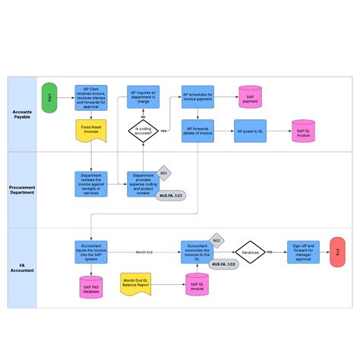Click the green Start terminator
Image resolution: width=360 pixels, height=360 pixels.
click(49, 97)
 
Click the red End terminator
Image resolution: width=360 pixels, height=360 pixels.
click(336, 251)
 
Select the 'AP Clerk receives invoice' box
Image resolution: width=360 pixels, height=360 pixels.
click(90, 97)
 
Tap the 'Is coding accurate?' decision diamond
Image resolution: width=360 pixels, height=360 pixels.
click(143, 131)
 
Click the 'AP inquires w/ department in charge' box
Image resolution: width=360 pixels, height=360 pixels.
click(143, 96)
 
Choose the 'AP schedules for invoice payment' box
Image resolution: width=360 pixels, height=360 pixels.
click(197, 96)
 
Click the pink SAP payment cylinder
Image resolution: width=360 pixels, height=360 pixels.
click(250, 96)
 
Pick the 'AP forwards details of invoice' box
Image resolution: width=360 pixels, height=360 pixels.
click(197, 131)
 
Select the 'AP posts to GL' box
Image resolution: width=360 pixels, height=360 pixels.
click(250, 131)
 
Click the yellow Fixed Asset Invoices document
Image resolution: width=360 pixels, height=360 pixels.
click(90, 131)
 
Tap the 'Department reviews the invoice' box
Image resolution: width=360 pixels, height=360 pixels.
click(90, 183)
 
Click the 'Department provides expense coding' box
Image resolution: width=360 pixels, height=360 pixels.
click(143, 183)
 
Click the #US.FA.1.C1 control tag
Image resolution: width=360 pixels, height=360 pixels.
click(172, 197)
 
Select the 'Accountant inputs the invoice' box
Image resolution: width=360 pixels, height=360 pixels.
click(90, 251)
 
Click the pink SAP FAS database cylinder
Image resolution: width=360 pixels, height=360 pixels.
click(90, 286)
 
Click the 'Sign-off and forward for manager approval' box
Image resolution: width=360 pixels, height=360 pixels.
click(303, 251)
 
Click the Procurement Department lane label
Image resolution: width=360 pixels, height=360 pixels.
click(22, 188)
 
